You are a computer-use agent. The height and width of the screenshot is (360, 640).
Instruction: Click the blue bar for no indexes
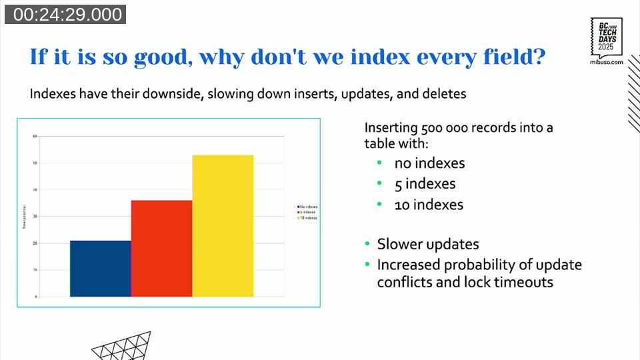click(100, 268)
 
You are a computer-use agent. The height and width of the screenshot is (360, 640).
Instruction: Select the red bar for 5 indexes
click(161, 248)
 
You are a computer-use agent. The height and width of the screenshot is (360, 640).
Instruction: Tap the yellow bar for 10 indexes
click(223, 225)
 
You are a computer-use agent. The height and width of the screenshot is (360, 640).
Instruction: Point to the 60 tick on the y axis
click(35, 136)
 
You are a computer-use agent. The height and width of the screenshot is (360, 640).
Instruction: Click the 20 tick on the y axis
click(35, 243)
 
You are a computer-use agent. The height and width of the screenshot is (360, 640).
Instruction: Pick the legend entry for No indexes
click(308, 207)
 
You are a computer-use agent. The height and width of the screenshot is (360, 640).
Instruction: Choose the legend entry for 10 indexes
click(308, 218)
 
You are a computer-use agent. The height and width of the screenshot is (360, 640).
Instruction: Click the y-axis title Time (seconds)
click(24, 217)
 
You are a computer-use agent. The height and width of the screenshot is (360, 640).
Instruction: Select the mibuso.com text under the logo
click(607, 61)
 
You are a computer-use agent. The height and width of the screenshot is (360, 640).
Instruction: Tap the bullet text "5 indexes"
click(425, 183)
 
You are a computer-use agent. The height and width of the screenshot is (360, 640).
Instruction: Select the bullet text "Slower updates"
click(427, 244)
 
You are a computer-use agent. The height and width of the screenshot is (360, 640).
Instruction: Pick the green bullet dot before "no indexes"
click(379, 163)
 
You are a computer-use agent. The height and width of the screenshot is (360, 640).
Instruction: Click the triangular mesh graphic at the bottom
click(121, 347)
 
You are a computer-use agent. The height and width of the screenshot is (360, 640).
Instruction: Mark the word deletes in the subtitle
click(444, 94)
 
